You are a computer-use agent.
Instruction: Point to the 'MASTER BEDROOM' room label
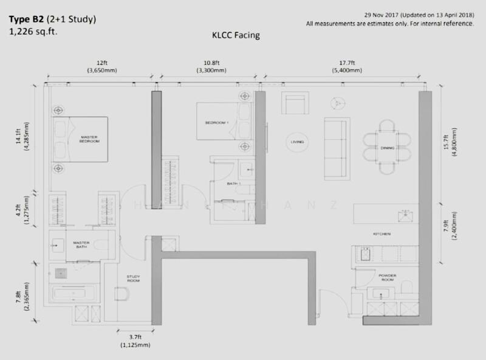click(89, 140)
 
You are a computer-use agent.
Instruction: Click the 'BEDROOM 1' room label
click(217, 123)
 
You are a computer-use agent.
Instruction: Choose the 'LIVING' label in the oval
click(298, 142)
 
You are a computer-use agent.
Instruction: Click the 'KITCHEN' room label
click(382, 234)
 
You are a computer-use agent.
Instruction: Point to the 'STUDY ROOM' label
click(134, 279)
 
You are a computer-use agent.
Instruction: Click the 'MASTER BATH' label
click(81, 244)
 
